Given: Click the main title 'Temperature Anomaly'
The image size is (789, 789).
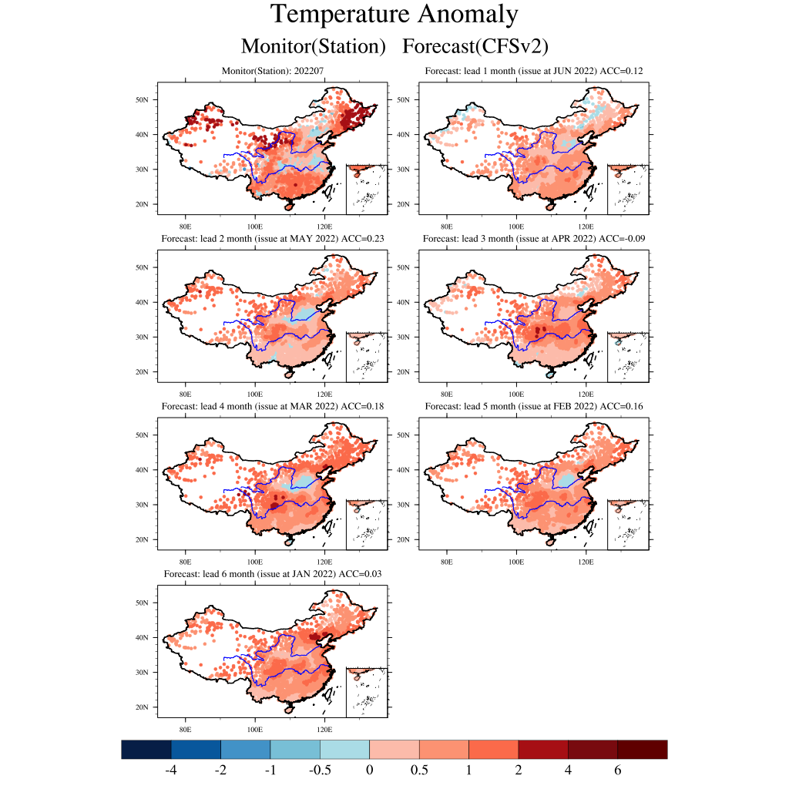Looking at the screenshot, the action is coord(394,15).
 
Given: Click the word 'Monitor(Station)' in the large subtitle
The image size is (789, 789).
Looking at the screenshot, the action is coord(314,46).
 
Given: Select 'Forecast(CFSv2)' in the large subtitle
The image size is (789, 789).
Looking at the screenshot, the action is coord(475,46).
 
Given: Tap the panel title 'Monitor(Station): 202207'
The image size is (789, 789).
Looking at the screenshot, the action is coord(273,71).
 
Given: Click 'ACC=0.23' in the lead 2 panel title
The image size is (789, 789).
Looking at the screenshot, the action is coord(363,239).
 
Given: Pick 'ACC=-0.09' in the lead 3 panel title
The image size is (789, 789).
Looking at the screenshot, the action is coord(622,239).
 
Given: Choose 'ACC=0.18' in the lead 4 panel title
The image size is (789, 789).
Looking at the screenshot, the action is coord(362,406).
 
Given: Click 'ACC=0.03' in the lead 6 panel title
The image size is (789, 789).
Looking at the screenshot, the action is coord(361,573).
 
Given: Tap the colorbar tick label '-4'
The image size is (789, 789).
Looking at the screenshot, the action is coord(170,771).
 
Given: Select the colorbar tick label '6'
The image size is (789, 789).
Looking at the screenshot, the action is coord(617,771).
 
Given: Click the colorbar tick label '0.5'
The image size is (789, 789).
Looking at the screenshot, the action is coord(419,771).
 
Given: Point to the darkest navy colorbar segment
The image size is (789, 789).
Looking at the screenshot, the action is coord(146,749).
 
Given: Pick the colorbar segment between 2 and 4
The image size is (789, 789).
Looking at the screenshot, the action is coord(543,749).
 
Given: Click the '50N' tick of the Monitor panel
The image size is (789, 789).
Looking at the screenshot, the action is coord(142,99).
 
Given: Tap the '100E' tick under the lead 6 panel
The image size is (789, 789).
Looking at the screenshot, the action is coord(254,729).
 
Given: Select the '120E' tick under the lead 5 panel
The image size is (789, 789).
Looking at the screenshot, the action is coord(586,562).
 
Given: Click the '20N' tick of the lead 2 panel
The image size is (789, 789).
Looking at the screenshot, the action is coord(142,372).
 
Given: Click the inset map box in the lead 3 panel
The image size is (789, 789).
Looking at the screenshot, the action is coord(628,357).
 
